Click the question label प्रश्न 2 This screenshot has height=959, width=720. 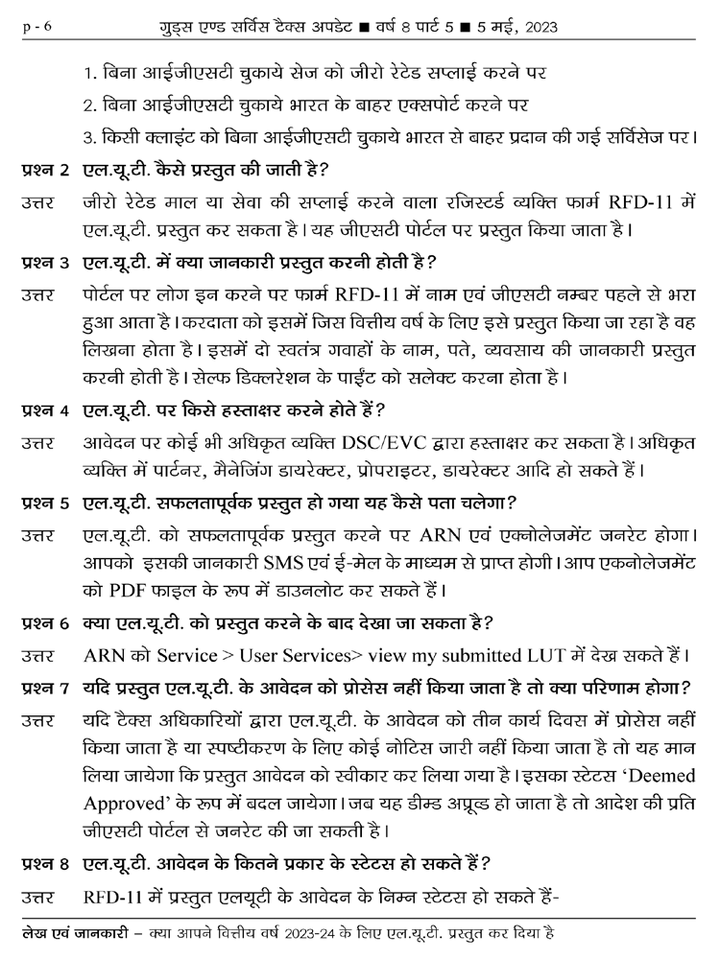pyautogui.click(x=44, y=171)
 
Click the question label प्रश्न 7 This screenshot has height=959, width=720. pyautogui.click(x=44, y=688)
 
